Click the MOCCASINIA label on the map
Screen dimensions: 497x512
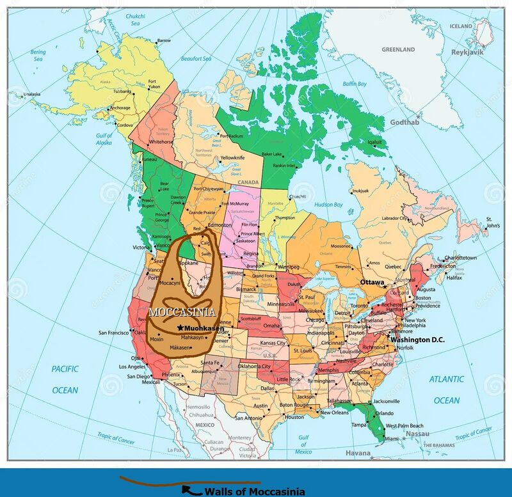(181, 313)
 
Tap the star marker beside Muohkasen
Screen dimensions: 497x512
(180, 327)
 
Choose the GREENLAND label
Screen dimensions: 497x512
(399, 49)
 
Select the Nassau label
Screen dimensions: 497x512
(417, 433)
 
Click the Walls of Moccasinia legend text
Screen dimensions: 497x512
(254, 491)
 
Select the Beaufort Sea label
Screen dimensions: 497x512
(196, 58)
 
